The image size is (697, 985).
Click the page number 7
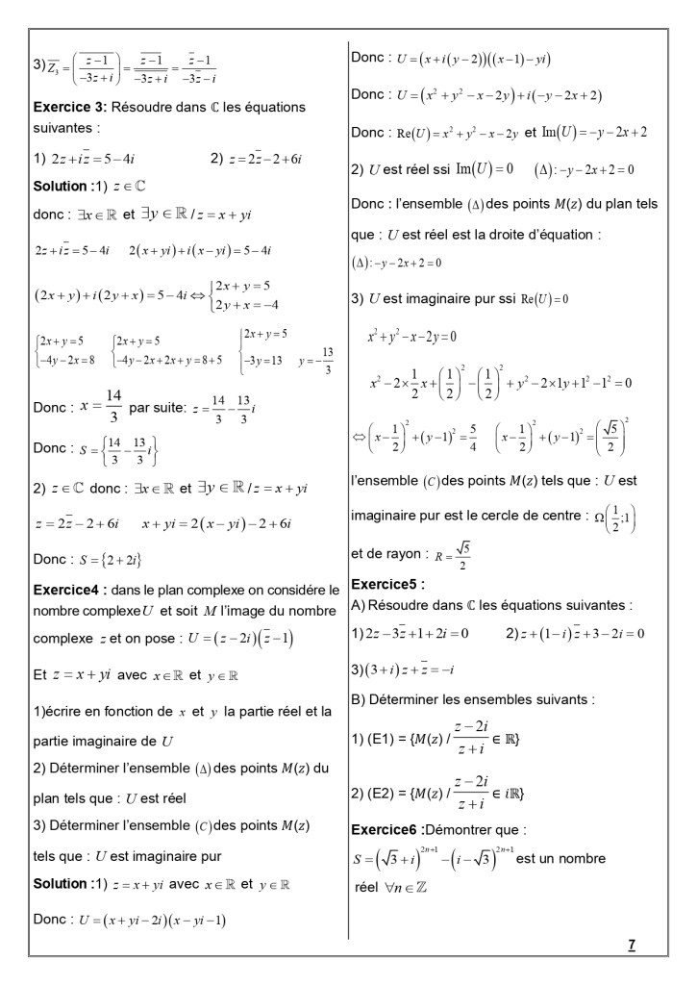631,945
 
